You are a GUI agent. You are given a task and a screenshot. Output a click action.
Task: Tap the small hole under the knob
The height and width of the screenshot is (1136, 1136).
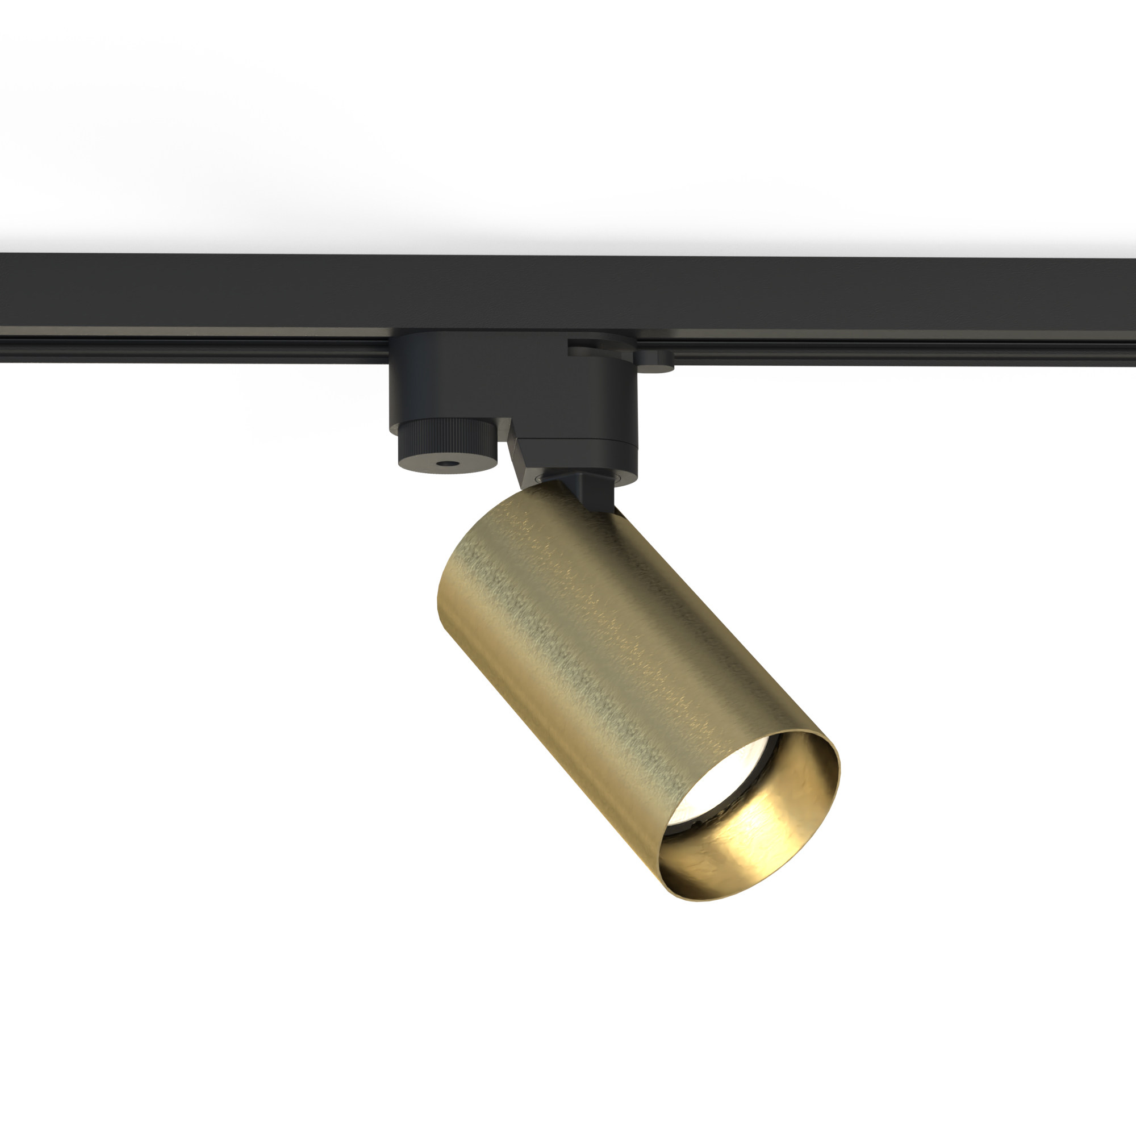(449, 464)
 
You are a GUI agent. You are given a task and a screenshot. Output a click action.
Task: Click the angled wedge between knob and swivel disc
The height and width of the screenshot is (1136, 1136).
(517, 456)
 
